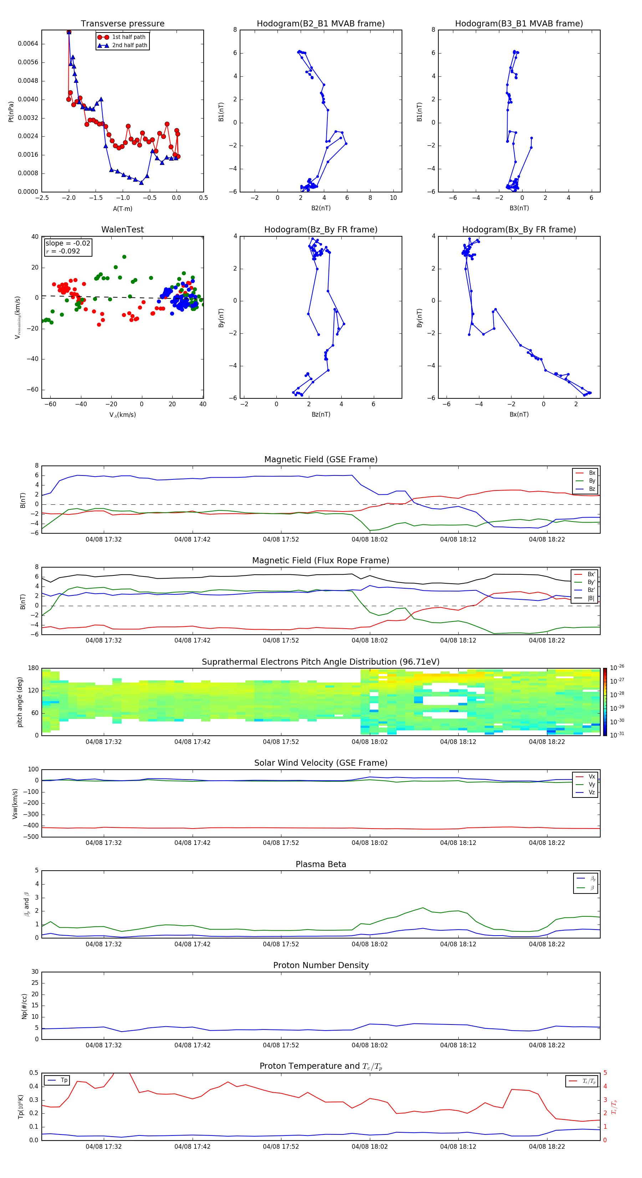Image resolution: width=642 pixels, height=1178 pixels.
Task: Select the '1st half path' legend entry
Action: point(128,37)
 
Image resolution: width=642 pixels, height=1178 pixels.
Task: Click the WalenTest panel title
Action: point(122,230)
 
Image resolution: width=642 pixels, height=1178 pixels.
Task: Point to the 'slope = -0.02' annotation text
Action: point(68,243)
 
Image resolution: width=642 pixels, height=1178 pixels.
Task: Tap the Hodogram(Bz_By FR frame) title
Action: point(321,230)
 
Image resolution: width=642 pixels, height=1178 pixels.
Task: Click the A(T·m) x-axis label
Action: point(122,208)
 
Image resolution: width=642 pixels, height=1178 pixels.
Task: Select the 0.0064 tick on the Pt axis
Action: point(28,44)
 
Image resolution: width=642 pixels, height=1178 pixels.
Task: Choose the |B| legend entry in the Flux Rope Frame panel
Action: point(591,598)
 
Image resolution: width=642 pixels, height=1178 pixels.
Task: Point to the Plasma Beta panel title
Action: point(321,864)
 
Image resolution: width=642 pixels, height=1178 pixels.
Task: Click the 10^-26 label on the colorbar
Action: point(616,668)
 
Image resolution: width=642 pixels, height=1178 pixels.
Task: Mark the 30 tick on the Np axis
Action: point(35,972)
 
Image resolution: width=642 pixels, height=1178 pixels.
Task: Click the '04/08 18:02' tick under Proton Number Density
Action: point(369,1045)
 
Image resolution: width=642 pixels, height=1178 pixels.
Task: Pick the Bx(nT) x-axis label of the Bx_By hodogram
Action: point(519,414)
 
